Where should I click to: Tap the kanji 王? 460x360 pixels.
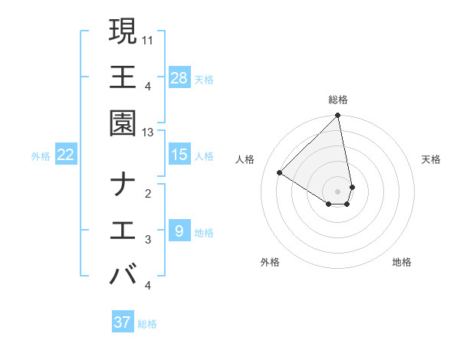pyautogui.click(x=123, y=77)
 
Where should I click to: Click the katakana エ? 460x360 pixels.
pyautogui.click(x=123, y=230)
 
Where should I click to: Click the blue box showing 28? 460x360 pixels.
pyautogui.click(x=179, y=77)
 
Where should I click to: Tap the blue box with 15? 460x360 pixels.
pyautogui.click(x=179, y=155)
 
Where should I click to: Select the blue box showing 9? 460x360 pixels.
pyautogui.click(x=179, y=230)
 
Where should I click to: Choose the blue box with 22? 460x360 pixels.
pyautogui.click(x=66, y=155)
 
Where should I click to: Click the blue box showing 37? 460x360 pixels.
pyautogui.click(x=123, y=322)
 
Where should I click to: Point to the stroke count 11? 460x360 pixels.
pyautogui.click(x=148, y=38)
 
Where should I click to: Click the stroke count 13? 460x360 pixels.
pyautogui.click(x=148, y=132)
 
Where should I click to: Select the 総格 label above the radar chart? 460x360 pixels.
pyautogui.click(x=338, y=100)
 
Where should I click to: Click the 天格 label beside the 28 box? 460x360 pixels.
pyautogui.click(x=204, y=79)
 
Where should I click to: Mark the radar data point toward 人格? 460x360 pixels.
pyautogui.click(x=280, y=173)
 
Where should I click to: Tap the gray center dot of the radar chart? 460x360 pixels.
pyautogui.click(x=338, y=190)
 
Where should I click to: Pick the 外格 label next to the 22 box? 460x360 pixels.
pyautogui.click(x=41, y=156)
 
